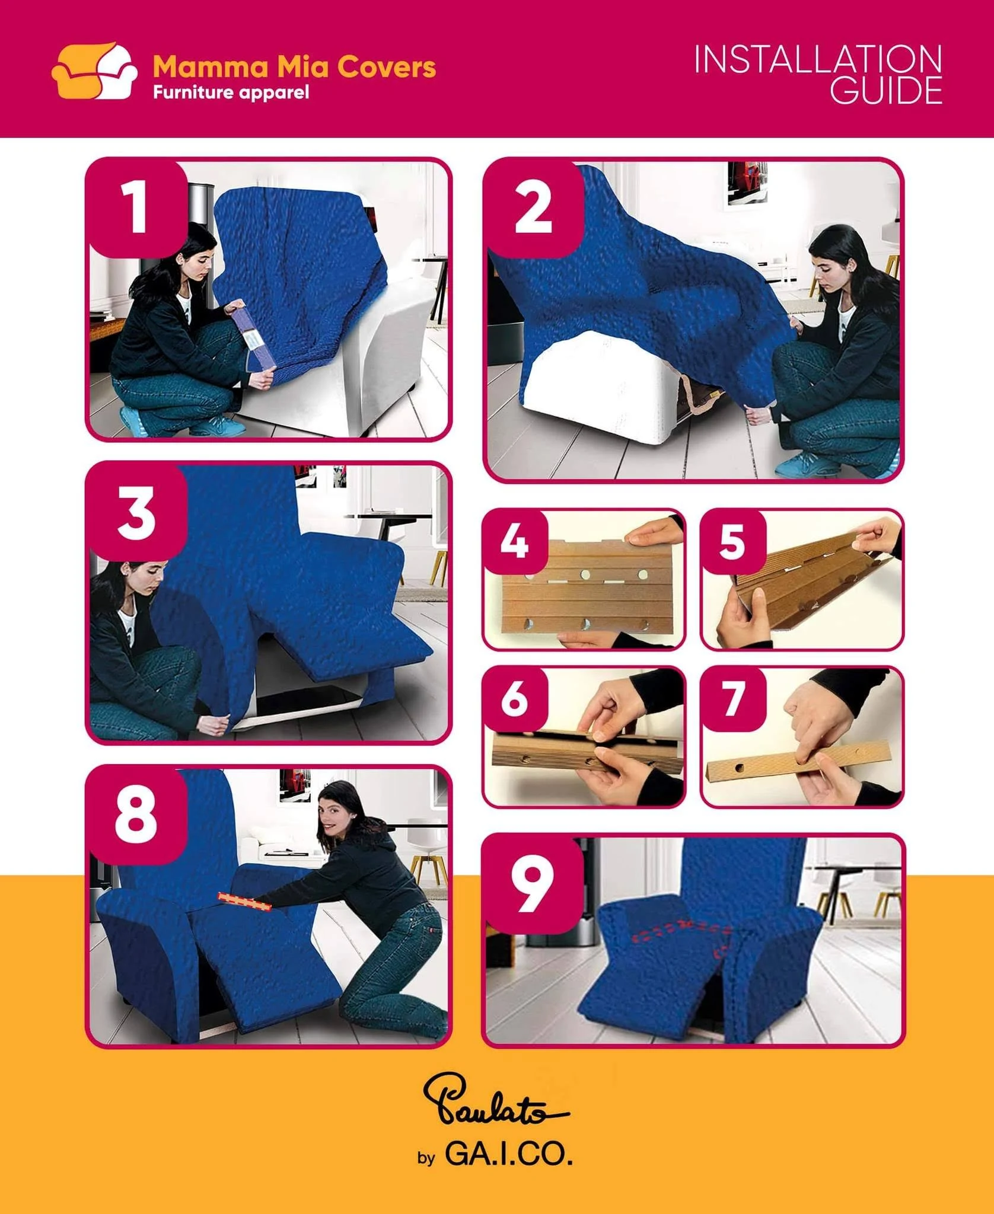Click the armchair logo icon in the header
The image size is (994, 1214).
pos(95,71)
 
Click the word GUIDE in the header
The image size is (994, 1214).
pos(885,91)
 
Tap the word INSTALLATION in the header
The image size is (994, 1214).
pos(818,60)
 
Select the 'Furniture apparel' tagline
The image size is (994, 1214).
pos(231,93)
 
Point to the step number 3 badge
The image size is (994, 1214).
pos(136,512)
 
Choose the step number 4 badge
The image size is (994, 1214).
pos(515,541)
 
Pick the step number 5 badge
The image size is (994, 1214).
pos(733,541)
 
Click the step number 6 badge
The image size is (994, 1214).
pos(515,698)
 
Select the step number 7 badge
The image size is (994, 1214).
pos(733,698)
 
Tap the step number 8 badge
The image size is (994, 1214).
pos(136,815)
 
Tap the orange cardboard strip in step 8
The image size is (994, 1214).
pos(244,902)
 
